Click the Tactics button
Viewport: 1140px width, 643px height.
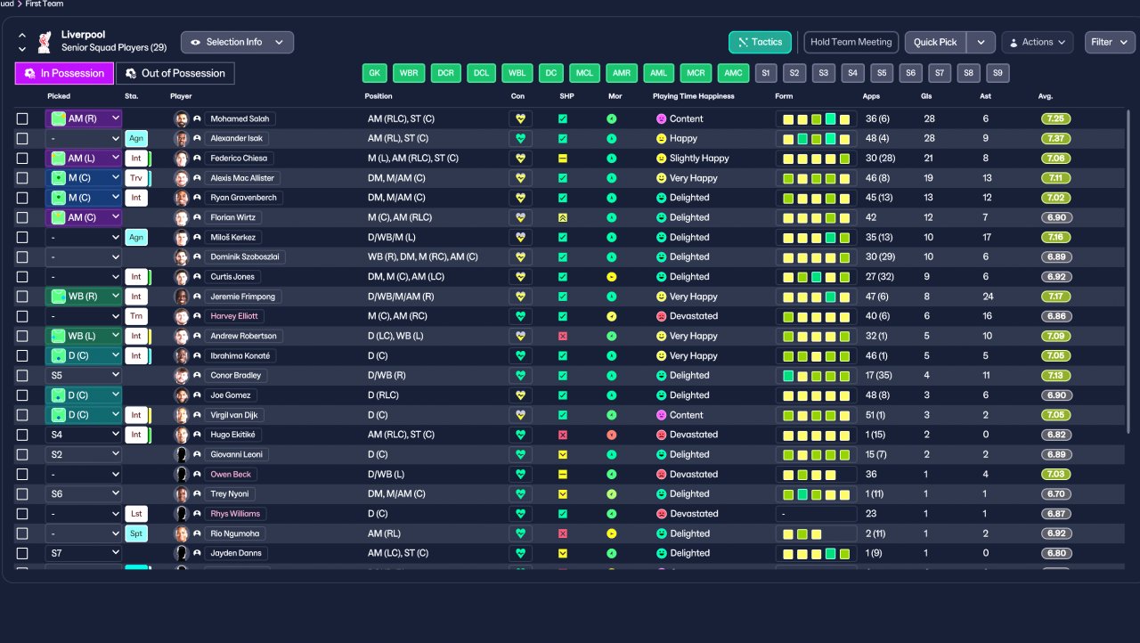760,42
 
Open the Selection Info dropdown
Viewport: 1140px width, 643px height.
237,42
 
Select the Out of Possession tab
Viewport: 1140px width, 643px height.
175,73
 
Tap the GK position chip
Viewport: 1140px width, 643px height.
375,73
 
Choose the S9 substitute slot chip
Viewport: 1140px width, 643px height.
997,73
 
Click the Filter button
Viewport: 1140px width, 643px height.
1110,42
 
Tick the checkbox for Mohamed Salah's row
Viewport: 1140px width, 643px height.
22,118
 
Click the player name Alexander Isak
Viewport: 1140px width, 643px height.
237,138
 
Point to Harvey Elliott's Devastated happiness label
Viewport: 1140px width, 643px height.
694,316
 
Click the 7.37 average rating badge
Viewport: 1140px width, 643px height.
1056,138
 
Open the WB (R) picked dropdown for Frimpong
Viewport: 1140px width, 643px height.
84,296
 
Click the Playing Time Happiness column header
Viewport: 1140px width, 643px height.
694,96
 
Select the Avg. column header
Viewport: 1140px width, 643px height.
1046,96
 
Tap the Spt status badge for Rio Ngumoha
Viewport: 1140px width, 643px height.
136,533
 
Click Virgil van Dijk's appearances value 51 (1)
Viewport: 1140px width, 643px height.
875,415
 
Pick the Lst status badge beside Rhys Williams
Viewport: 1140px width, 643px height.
136,514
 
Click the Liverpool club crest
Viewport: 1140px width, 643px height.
45,42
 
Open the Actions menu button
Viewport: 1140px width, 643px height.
1038,42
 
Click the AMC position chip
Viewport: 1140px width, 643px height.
733,73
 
